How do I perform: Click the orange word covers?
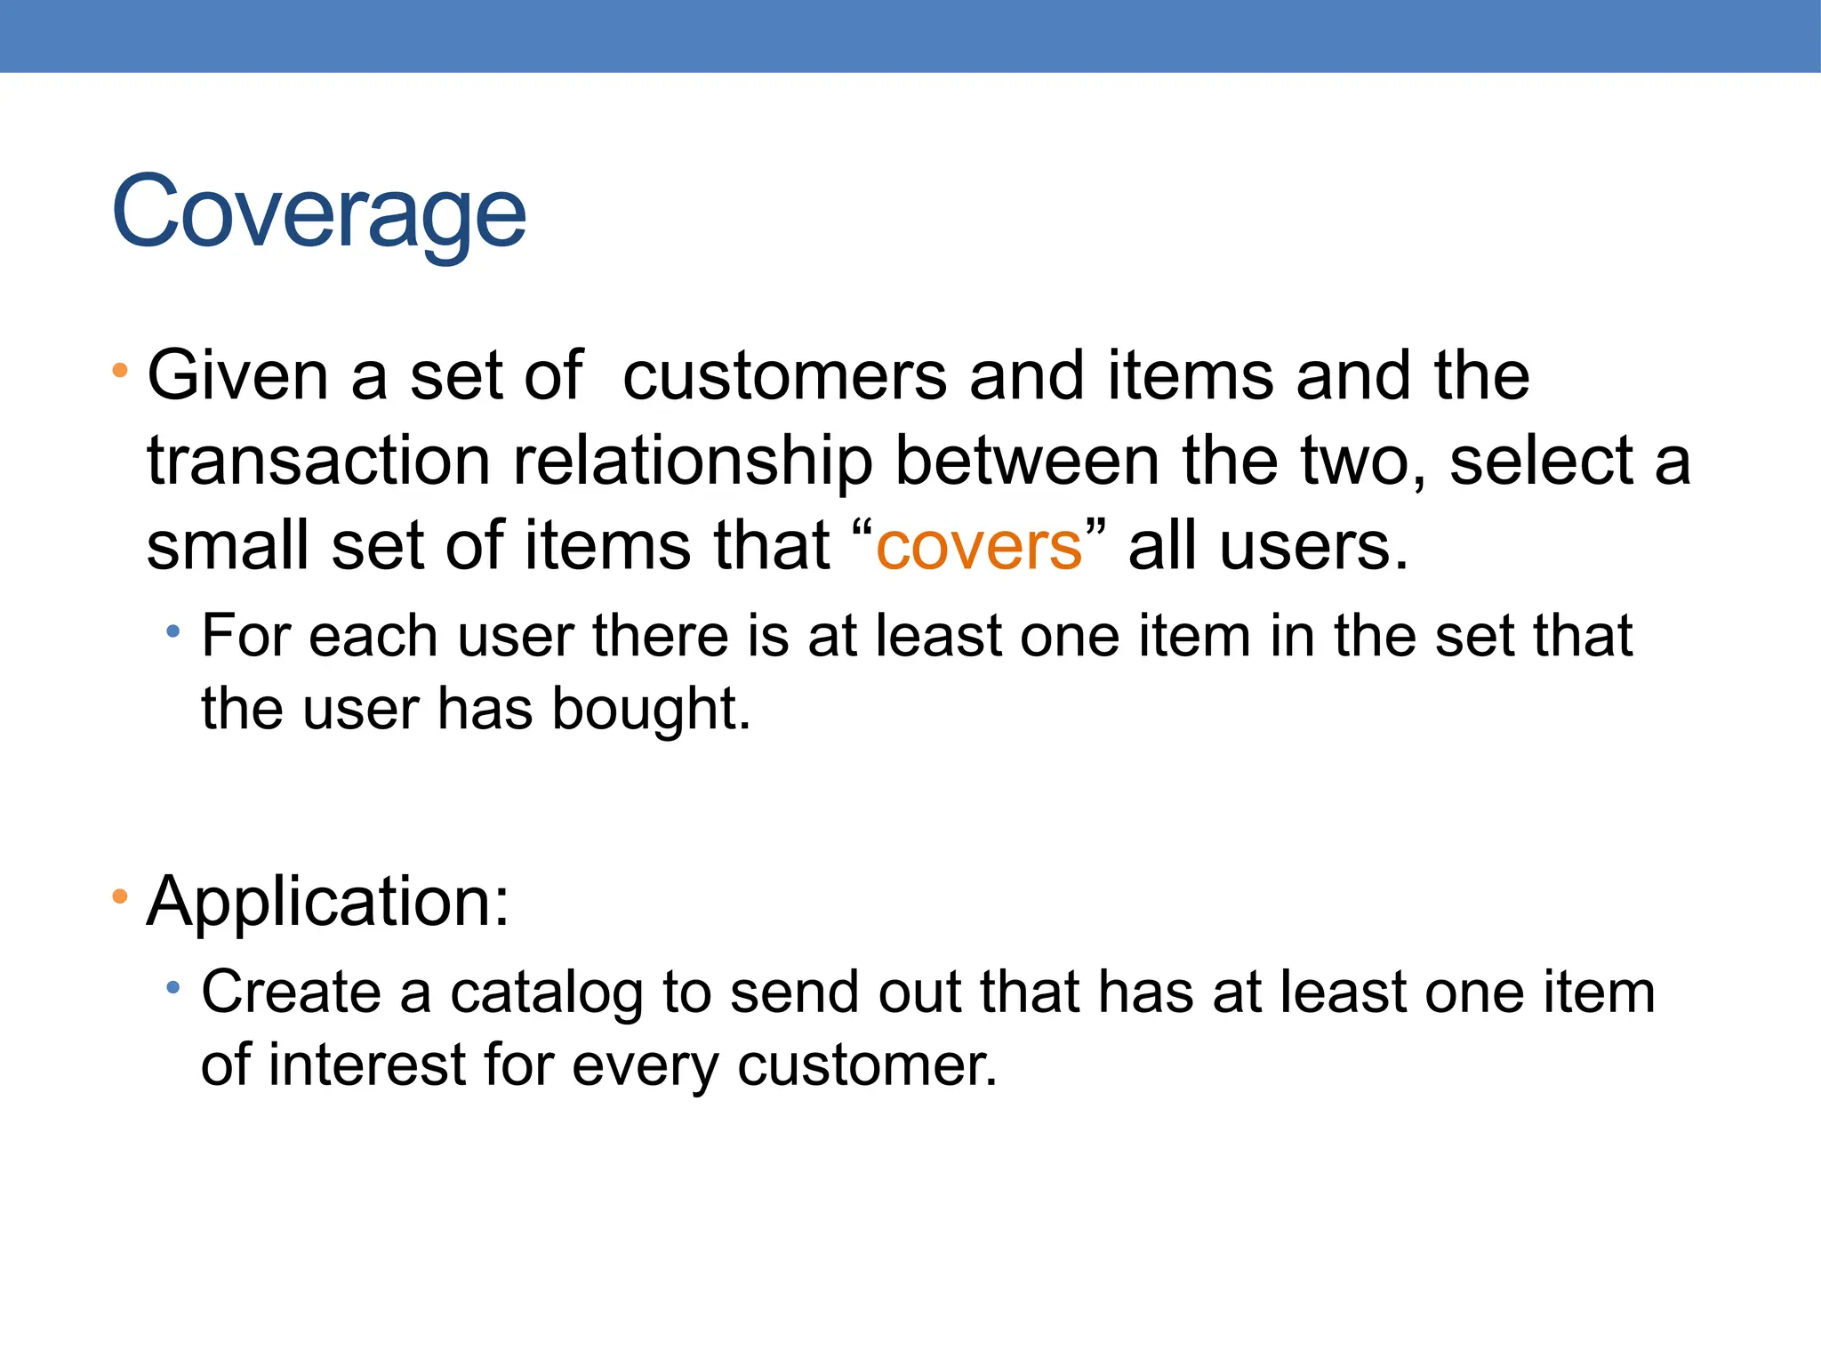tap(979, 546)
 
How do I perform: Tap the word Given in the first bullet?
tap(237, 376)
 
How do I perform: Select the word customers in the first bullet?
tap(784, 376)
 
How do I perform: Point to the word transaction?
tap(318, 462)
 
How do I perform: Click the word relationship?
tap(693, 462)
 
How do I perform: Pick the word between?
tap(1026, 462)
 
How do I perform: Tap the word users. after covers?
tap(1314, 546)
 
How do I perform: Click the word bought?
tap(651, 709)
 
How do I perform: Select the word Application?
tap(328, 902)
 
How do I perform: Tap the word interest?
tap(367, 1065)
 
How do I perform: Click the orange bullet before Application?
tap(120, 896)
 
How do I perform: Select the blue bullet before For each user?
tap(173, 632)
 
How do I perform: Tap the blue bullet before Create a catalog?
tap(173, 988)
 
